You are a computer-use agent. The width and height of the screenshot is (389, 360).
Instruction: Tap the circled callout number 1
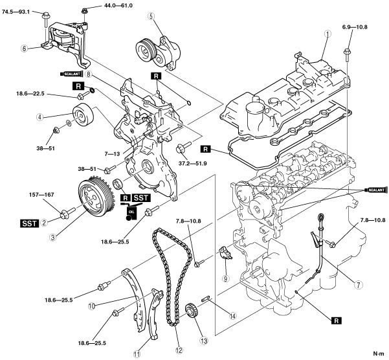point(328,34)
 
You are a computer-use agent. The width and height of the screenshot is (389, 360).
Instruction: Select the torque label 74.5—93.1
point(16,12)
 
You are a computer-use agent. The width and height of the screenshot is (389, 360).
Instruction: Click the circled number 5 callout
point(151,16)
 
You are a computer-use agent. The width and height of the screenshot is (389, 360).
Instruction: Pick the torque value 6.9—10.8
point(355,27)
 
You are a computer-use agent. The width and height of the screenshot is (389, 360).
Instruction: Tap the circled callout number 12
point(179,350)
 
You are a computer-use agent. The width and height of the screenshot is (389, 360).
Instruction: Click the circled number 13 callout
point(205,341)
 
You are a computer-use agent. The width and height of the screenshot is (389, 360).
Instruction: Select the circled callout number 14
point(233,316)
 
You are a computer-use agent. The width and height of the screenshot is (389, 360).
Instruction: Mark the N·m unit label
point(379,354)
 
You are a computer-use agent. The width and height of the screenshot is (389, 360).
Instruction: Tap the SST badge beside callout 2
point(29,223)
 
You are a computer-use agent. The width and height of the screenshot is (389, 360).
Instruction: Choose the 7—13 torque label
point(112,154)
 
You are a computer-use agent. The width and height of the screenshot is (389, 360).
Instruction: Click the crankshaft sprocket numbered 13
point(191,309)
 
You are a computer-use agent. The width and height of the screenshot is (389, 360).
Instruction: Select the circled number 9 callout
point(225,279)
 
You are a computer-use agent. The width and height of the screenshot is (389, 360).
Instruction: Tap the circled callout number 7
point(358,285)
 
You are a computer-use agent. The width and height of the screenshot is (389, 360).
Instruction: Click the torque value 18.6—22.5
point(30,94)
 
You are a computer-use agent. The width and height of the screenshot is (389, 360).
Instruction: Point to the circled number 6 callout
point(24,49)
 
